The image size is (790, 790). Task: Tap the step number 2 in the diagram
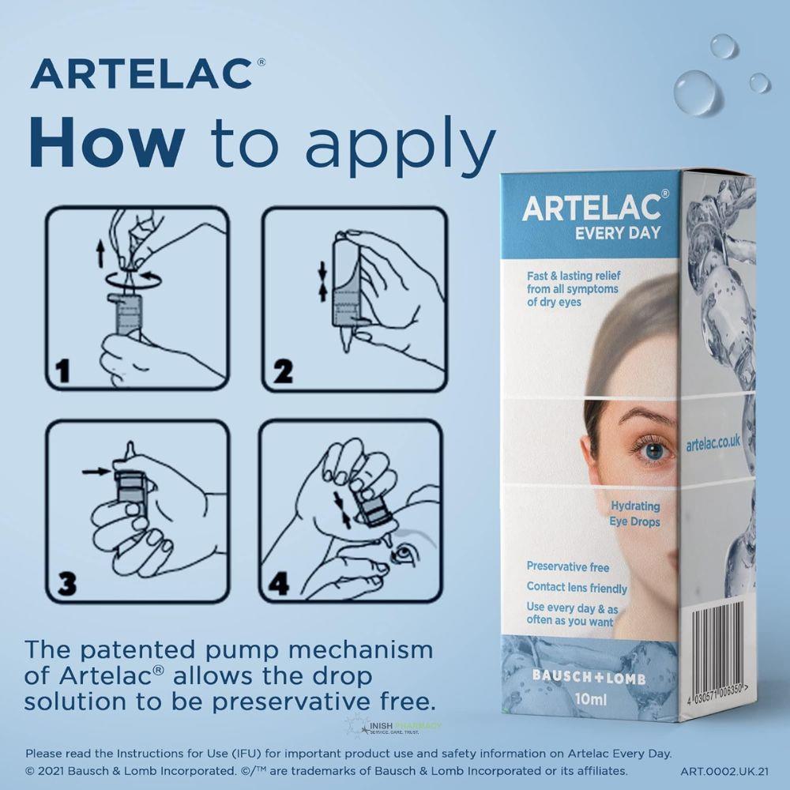[283, 370]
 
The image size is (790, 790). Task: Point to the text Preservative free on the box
[568, 566]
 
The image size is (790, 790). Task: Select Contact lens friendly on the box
[577, 588]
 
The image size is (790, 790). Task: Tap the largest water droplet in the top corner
[698, 92]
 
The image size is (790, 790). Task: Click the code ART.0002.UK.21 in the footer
[724, 771]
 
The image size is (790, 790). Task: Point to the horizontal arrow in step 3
[96, 472]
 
